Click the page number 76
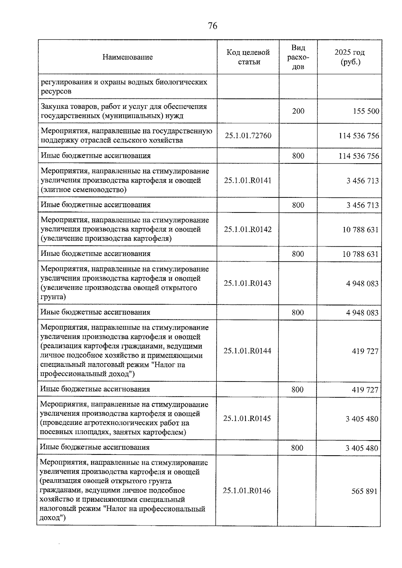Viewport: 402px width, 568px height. pos(212,26)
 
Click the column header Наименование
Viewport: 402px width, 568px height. pos(127,57)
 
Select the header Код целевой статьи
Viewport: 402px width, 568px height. pos(248,57)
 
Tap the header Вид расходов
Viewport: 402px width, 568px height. pos(298,57)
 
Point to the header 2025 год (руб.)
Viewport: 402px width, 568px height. pos(349,57)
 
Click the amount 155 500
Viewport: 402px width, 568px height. pos(366,111)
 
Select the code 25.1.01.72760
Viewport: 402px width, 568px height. pos(248,136)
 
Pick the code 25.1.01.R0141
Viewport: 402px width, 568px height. pos(248,181)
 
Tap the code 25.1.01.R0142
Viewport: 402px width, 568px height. pos(248,230)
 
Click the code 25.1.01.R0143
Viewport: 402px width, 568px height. pos(248,283)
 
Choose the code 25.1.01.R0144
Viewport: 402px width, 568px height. pos(247,351)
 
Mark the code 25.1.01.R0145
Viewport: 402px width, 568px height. pos(247,419)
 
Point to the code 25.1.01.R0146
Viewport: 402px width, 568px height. pos(247,491)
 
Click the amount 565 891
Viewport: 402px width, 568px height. pos(364,492)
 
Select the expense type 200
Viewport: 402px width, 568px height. pos(298,111)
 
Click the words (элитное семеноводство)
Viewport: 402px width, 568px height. pos(84,190)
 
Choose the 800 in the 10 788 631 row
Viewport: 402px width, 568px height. pos(298,254)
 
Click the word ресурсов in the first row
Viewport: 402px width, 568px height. pos(56,91)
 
